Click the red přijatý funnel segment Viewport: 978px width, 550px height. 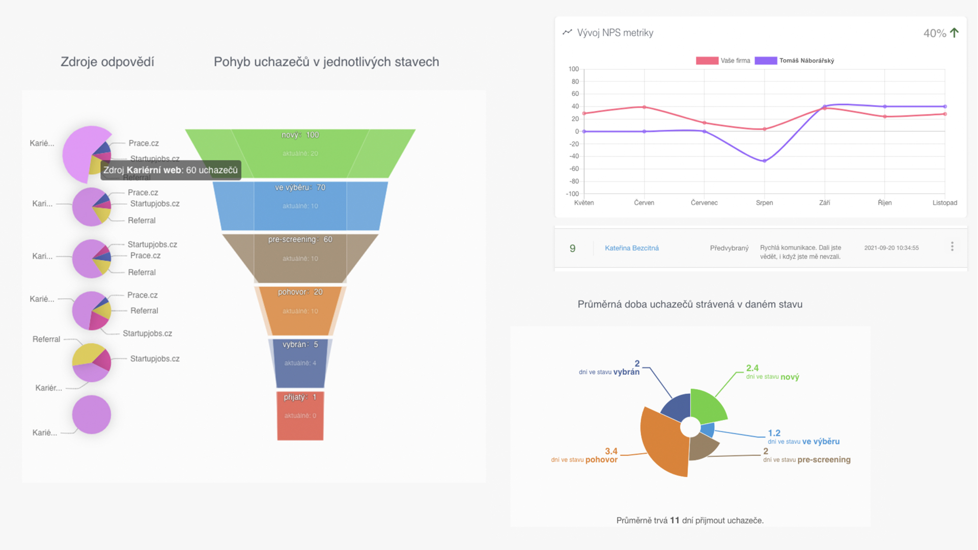click(300, 416)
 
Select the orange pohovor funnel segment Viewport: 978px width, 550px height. click(300, 311)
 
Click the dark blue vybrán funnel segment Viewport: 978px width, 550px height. click(300, 363)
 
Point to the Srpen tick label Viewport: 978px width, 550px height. click(764, 203)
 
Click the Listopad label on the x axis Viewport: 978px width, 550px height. click(944, 203)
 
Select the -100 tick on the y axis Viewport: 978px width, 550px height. click(573, 194)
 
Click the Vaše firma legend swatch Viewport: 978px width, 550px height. click(707, 61)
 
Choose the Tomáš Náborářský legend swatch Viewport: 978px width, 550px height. click(766, 61)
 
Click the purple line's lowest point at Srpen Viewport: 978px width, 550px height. click(764, 161)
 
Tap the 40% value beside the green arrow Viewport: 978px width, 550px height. click(935, 34)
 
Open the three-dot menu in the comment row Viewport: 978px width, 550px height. click(952, 247)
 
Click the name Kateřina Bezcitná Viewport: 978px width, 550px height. click(631, 248)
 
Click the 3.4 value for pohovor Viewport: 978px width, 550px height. click(611, 451)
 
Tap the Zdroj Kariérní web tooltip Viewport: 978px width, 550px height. click(171, 171)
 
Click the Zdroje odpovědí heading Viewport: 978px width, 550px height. click(107, 62)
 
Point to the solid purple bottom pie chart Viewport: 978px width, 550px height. click(92, 415)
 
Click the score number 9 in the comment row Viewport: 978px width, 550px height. click(573, 249)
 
